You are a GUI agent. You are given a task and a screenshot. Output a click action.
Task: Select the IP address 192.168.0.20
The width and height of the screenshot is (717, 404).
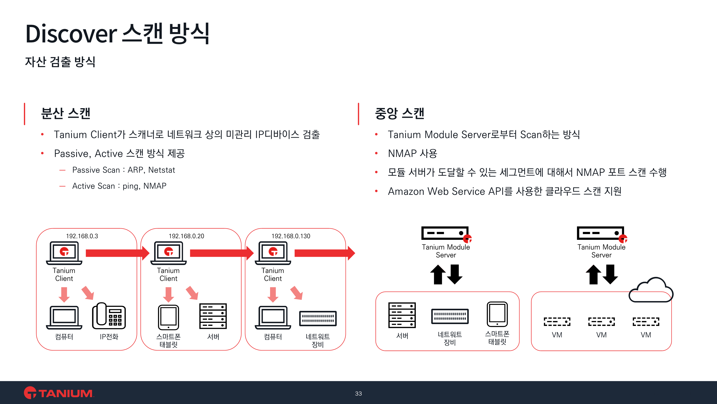(186, 236)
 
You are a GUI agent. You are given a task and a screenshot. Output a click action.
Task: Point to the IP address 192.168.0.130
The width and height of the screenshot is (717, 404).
(291, 236)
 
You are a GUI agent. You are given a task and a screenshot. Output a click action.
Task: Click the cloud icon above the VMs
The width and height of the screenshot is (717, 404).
(651, 291)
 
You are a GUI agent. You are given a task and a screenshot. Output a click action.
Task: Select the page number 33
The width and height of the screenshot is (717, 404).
(358, 393)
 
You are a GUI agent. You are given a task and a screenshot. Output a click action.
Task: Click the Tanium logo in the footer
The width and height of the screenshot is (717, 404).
(59, 393)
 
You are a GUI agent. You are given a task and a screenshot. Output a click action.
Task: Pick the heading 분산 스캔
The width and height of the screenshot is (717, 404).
(66, 113)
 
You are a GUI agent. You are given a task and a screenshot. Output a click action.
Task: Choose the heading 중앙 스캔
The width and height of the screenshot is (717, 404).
(399, 113)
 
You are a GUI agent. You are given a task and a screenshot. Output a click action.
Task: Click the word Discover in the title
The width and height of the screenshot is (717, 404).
(71, 34)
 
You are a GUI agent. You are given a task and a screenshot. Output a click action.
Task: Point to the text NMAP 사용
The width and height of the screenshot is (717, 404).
(413, 154)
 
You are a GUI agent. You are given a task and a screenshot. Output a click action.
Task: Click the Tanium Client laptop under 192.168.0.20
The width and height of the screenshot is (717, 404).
(168, 253)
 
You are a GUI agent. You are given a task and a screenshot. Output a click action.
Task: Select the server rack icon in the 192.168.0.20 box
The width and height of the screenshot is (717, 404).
(213, 316)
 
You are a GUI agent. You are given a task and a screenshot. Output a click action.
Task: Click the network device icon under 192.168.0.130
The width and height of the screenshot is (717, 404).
(318, 318)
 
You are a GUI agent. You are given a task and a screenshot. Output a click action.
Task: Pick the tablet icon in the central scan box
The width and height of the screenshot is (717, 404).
(497, 314)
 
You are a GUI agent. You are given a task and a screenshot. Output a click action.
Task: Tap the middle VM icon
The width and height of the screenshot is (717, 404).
(601, 321)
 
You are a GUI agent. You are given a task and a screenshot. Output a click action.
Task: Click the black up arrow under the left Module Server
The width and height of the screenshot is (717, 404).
(438, 275)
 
